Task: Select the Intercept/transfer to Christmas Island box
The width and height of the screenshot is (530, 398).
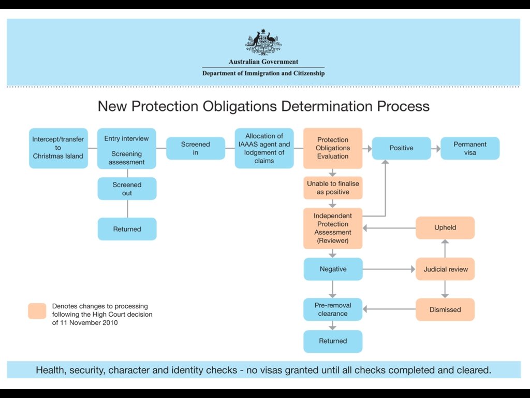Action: tap(58, 148)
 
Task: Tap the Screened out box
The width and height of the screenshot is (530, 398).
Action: tap(127, 189)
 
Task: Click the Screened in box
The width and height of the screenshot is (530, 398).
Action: tap(196, 148)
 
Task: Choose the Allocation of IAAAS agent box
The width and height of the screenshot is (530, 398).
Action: tap(264, 148)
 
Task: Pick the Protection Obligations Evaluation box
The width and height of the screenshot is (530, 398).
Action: tap(333, 148)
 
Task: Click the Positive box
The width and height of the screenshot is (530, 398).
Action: tap(401, 148)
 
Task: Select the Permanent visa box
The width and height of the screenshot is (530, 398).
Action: tap(470, 148)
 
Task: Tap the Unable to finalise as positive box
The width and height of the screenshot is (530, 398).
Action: tap(333, 188)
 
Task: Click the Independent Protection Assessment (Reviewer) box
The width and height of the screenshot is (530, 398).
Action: tap(333, 228)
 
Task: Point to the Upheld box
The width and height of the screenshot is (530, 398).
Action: tap(445, 228)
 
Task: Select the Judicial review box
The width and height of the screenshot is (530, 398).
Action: tap(445, 269)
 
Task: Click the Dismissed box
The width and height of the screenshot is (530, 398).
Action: tap(445, 309)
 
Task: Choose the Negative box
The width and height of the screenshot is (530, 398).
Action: tap(333, 269)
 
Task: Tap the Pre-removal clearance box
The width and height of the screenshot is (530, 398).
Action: tap(333, 309)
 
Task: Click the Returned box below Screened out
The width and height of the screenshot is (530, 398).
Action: tap(127, 229)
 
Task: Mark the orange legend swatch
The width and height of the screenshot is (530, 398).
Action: tap(37, 311)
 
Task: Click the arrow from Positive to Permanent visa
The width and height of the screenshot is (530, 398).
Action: tap(435, 148)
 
